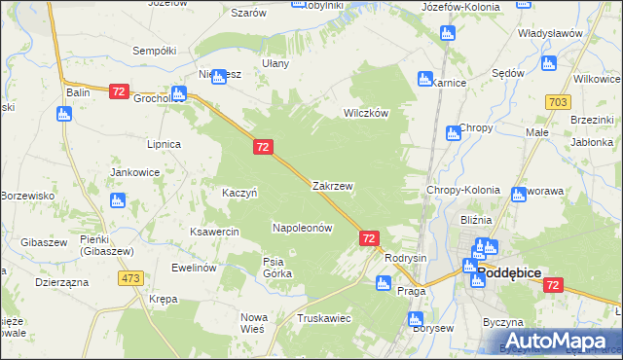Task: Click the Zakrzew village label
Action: pos(332,185)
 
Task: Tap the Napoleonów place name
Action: pos(302,228)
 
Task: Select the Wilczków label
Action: pos(365,113)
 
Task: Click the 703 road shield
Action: pos(558,102)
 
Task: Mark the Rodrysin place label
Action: pos(406,258)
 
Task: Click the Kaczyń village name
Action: pos(239,193)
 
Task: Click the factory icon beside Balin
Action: pos(64,114)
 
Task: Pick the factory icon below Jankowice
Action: pos(117,200)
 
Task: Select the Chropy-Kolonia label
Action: pos(463,191)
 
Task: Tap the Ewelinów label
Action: pos(193,268)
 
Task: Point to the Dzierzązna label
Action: pos(61,281)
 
